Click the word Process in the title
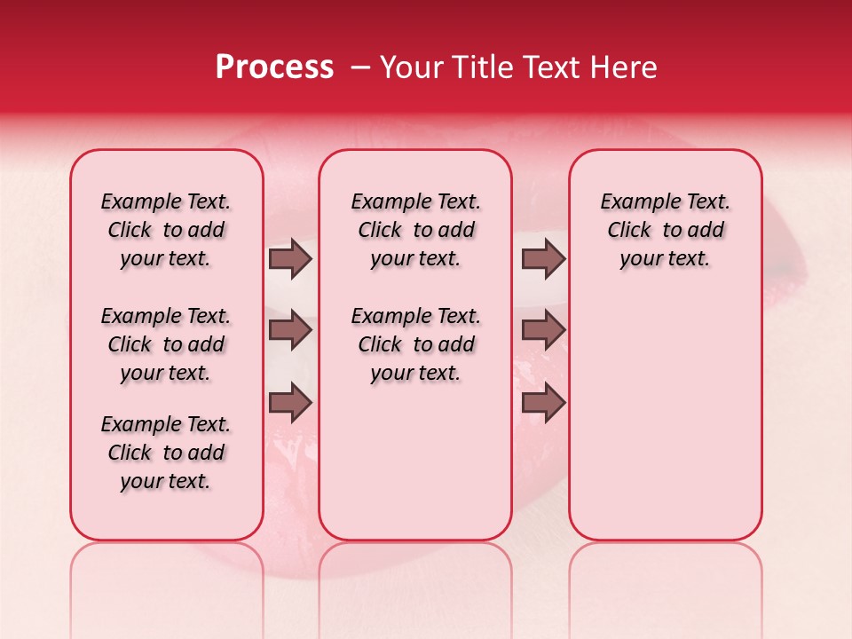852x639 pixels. click(274, 67)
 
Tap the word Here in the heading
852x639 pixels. click(625, 67)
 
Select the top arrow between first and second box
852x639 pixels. click(290, 259)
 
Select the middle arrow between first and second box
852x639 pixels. click(290, 331)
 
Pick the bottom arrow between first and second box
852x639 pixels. click(290, 403)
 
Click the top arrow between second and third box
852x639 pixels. click(543, 259)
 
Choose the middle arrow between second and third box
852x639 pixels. click(543, 331)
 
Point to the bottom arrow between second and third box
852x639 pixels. click(543, 403)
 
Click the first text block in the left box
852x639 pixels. click(166, 230)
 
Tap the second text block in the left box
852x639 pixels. click(166, 344)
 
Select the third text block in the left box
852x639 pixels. click(166, 453)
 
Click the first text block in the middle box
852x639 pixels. click(415, 230)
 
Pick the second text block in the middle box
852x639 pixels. click(415, 344)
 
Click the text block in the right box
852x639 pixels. click(665, 230)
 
